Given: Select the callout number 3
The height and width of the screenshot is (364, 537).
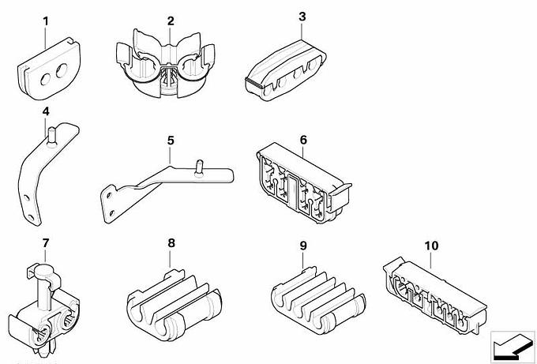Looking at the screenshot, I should point(302,15).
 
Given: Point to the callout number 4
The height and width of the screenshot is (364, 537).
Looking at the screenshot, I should point(46,111).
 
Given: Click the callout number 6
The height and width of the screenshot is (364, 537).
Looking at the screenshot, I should point(302,139).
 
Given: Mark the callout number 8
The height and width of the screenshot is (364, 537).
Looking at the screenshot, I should point(170,244).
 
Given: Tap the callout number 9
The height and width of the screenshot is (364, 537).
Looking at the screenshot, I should point(302,246).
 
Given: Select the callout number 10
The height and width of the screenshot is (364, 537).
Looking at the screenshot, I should point(430,246).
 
